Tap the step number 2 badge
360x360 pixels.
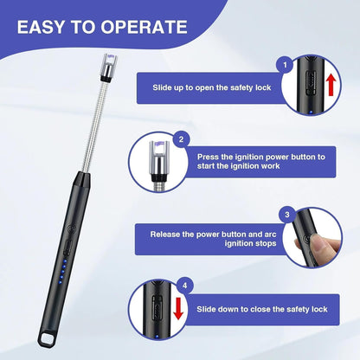182,138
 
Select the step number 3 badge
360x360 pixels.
286,213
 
